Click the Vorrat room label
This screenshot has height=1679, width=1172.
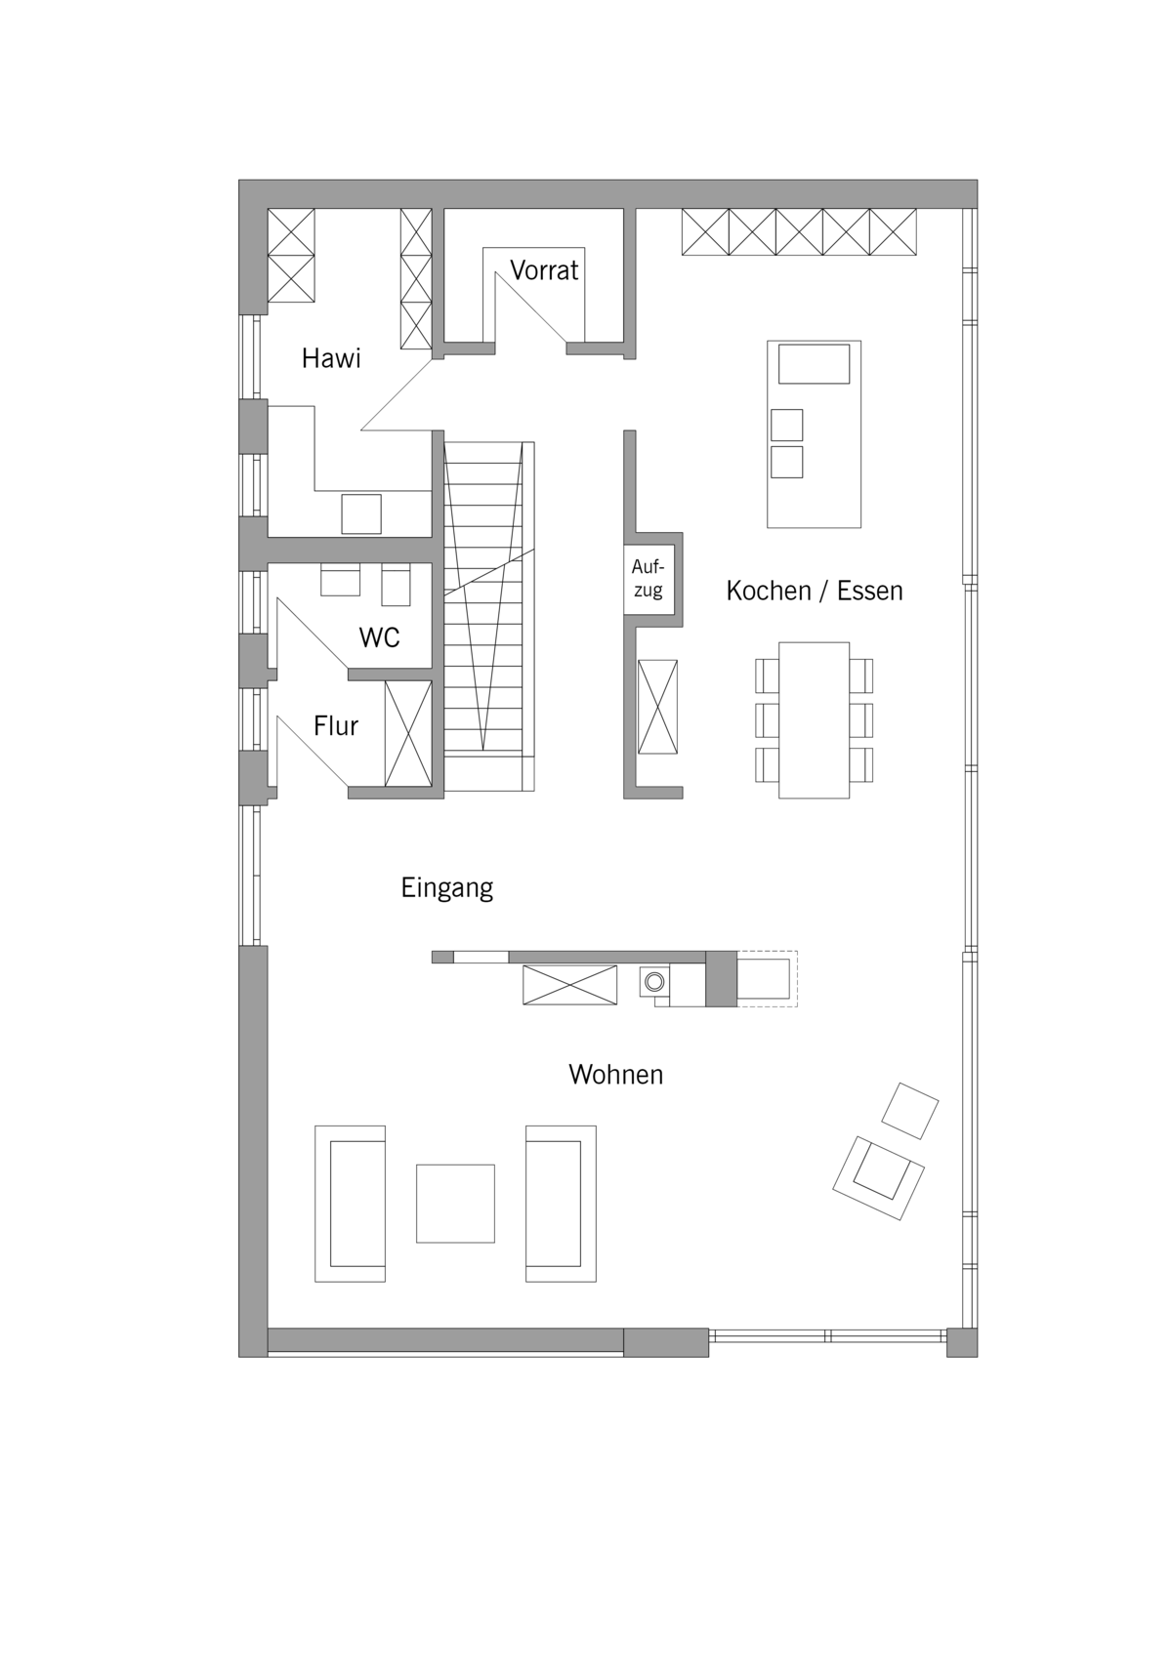[x=544, y=270]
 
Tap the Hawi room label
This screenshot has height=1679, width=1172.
[x=331, y=358]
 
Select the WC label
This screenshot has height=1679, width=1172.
[x=379, y=637]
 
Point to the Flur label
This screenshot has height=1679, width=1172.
[x=335, y=725]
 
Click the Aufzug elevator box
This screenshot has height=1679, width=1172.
[x=649, y=579]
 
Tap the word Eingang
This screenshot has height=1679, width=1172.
[x=447, y=888]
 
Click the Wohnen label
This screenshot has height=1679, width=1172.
[x=616, y=1075]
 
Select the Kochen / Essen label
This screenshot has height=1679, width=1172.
[x=815, y=591]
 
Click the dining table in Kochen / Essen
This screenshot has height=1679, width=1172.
[x=814, y=720]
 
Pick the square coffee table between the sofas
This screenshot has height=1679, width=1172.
[x=455, y=1203]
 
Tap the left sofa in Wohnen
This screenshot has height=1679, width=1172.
[x=350, y=1204]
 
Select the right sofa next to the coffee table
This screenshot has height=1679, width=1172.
[x=561, y=1204]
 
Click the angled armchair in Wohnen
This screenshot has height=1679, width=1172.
[x=879, y=1177]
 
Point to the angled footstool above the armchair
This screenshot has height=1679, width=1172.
[x=910, y=1111]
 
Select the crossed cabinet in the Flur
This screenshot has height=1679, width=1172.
[x=408, y=733]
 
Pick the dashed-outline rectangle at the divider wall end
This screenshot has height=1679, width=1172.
[x=767, y=978]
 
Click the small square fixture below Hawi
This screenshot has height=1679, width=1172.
[x=360, y=514]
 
